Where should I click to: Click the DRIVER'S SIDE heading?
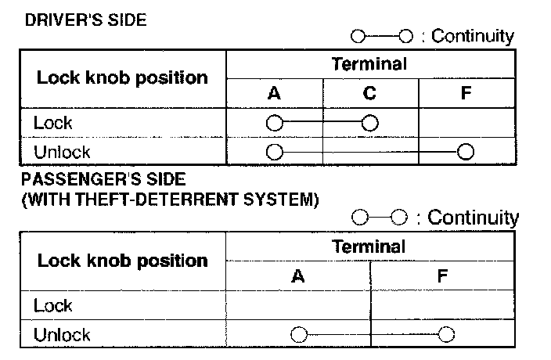click(x=85, y=20)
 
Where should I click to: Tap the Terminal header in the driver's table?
click(x=369, y=64)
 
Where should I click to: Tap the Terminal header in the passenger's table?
click(x=369, y=247)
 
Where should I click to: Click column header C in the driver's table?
click(x=369, y=94)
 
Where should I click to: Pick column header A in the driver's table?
click(x=274, y=94)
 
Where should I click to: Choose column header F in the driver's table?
click(x=466, y=94)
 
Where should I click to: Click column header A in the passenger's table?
click(x=297, y=276)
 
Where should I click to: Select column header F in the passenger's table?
click(x=443, y=276)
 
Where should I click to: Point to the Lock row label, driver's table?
click(x=53, y=122)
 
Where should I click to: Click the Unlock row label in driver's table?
click(x=62, y=152)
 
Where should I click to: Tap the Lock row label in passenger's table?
click(x=53, y=305)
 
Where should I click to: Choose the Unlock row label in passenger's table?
click(x=62, y=335)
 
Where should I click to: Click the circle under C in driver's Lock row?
click(x=370, y=123)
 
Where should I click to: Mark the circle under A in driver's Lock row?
click(x=274, y=123)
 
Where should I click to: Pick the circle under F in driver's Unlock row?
click(x=466, y=152)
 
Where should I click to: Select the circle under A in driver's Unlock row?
click(x=274, y=152)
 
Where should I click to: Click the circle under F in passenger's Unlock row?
click(x=446, y=335)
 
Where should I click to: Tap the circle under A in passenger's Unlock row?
click(x=298, y=335)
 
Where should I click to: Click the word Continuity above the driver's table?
click(x=473, y=36)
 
